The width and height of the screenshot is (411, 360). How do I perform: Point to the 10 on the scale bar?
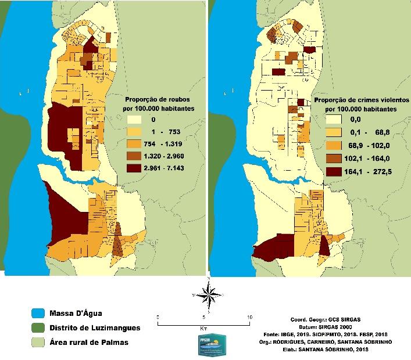[x=249, y=317]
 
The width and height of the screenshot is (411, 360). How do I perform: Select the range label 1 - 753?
[x=166, y=131]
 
